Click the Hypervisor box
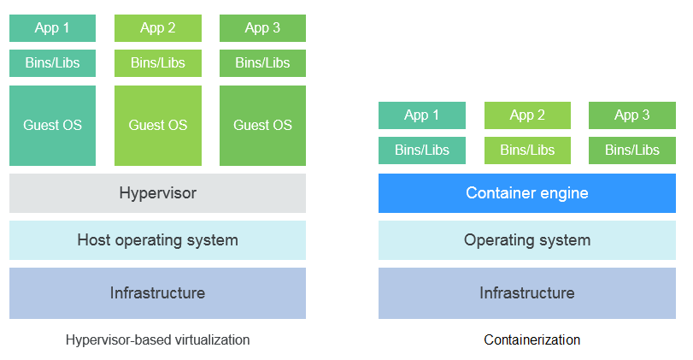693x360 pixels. [x=157, y=193]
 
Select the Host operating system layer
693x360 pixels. [x=157, y=240]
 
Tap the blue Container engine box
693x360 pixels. [x=526, y=193]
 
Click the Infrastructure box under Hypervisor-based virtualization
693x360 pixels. [x=157, y=293]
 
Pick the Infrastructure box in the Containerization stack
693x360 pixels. [x=526, y=293]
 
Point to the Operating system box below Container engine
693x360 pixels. [x=526, y=240]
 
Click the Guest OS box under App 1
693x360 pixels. [x=52, y=125]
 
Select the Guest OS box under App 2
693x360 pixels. [x=157, y=125]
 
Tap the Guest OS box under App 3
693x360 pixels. [x=262, y=125]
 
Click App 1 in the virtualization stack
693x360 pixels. [x=52, y=28]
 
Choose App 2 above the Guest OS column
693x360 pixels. [x=157, y=28]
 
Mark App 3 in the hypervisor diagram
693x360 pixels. [x=262, y=28]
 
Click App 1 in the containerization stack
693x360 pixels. [x=422, y=115]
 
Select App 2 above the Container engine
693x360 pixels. [x=527, y=115]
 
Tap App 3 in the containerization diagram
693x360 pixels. [x=632, y=115]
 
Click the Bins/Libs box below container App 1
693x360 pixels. [x=422, y=150]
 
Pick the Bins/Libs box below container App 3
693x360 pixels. [x=632, y=150]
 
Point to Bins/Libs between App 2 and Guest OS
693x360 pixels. [x=157, y=63]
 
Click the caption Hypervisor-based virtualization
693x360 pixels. [x=157, y=340]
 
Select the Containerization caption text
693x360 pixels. [x=531, y=340]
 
